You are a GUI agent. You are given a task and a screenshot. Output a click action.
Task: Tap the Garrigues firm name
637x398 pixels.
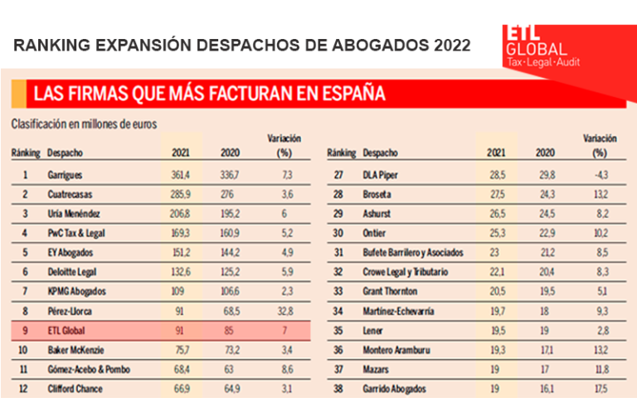tap(65, 176)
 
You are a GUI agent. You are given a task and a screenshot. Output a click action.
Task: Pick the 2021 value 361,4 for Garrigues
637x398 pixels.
tap(181, 176)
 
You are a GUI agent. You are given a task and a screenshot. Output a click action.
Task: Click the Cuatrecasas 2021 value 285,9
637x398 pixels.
tap(181, 195)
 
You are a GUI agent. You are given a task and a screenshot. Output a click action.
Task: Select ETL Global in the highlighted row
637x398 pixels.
tap(65, 330)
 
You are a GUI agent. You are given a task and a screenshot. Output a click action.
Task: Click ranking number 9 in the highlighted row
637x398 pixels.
tap(26, 330)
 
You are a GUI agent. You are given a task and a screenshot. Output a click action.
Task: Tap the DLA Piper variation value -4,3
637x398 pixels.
tap(596, 176)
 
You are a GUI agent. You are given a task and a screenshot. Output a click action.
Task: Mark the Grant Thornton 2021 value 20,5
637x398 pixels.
tap(497, 292)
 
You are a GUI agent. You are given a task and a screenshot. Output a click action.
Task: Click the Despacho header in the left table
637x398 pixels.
tap(65, 153)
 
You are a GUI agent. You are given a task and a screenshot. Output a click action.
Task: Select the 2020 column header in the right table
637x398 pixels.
tap(544, 153)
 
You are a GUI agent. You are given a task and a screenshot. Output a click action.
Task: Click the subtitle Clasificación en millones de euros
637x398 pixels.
tap(84, 124)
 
